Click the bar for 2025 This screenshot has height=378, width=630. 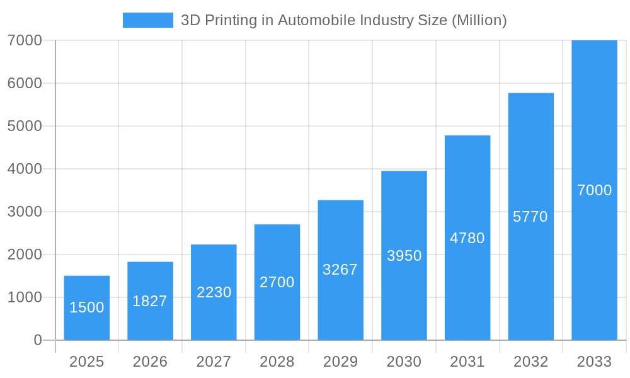(87, 308)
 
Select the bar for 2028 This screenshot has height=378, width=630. (277, 282)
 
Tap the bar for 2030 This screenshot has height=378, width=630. (404, 255)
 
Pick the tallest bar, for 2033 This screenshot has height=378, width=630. (594, 190)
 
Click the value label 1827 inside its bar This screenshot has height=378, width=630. (150, 301)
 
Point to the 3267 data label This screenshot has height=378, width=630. (340, 270)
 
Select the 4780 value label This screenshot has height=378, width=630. (467, 238)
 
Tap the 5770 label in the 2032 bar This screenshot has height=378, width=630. (530, 217)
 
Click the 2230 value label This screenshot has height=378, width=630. (214, 292)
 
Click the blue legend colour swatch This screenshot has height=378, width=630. (147, 20)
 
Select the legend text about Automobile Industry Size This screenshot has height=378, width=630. (343, 20)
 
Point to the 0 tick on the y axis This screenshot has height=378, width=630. (37, 340)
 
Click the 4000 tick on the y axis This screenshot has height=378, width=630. (25, 169)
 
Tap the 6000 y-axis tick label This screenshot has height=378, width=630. (25, 83)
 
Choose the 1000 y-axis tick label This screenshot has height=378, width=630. (25, 297)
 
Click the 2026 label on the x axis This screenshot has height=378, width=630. (150, 362)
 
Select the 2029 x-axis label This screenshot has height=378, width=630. (340, 362)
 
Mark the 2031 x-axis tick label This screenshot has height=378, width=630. (467, 362)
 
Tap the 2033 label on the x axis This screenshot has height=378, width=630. (594, 362)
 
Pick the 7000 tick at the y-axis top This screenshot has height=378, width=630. (25, 40)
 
